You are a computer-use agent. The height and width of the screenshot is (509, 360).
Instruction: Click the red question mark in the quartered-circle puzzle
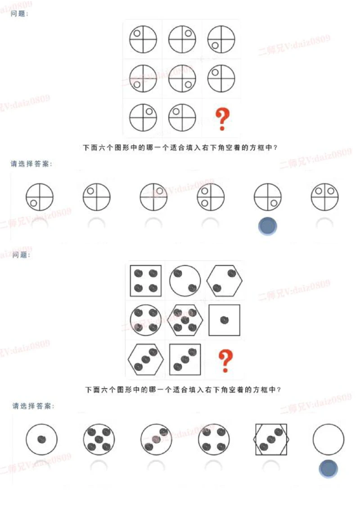pyautogui.click(x=222, y=119)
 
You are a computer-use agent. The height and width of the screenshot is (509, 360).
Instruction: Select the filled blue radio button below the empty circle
pyautogui.click(x=328, y=468)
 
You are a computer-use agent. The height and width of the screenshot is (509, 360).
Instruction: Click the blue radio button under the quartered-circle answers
pyautogui.click(x=268, y=226)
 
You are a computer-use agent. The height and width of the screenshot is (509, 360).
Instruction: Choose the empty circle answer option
pyautogui.click(x=328, y=439)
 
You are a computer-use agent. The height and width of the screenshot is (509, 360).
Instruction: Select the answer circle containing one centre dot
pyautogui.click(x=41, y=439)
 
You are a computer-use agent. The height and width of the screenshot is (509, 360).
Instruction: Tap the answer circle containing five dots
pyautogui.click(x=99, y=439)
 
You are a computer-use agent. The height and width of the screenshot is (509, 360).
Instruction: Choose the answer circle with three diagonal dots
pyautogui.click(x=156, y=439)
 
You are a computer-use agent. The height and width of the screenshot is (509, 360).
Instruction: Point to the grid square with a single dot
pyautogui.click(x=225, y=320)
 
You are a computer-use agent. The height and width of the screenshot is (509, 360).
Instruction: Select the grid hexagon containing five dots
pyautogui.click(x=185, y=320)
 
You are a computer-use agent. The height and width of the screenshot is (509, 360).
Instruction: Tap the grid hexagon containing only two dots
pyautogui.click(x=225, y=280)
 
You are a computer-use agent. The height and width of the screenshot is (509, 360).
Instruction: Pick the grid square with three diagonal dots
pyautogui.click(x=185, y=359)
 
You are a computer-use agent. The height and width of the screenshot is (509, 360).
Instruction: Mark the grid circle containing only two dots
pyautogui.click(x=185, y=280)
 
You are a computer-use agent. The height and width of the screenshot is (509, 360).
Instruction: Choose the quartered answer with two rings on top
pyautogui.click(x=325, y=197)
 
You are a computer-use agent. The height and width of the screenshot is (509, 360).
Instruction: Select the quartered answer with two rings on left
pyautogui.click(x=211, y=197)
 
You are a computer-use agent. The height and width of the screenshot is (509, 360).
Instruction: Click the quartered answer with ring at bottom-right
pyautogui.click(x=268, y=197)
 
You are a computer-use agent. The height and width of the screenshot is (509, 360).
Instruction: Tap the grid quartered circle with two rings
pyautogui.click(x=143, y=79)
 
